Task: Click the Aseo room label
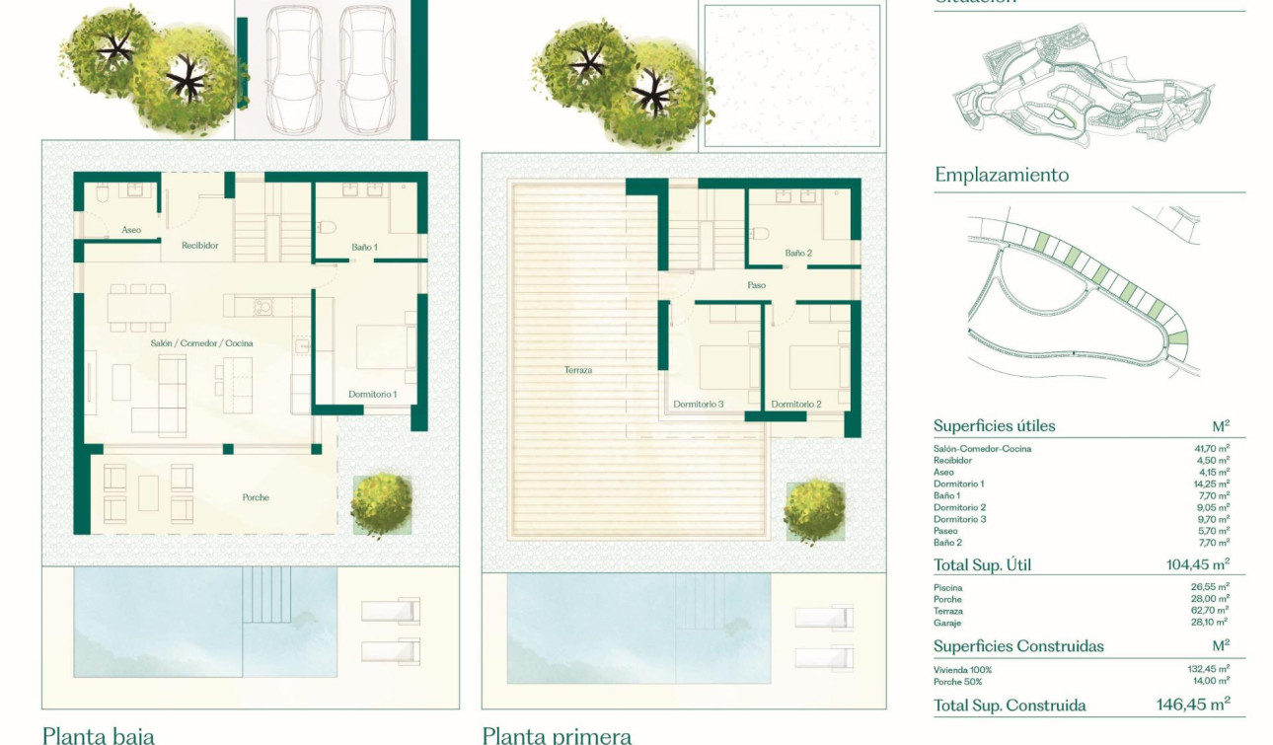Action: click(131, 230)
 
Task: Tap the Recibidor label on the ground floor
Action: click(199, 245)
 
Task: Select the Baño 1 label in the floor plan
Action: click(364, 246)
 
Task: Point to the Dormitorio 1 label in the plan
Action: click(372, 394)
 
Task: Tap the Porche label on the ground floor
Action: click(256, 497)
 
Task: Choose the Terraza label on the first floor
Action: click(578, 370)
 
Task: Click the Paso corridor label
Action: click(756, 285)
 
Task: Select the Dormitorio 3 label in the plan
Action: click(699, 404)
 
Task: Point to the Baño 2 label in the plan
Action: click(797, 254)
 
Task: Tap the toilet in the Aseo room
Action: click(104, 196)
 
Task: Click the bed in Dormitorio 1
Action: click(382, 346)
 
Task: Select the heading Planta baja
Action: click(98, 734)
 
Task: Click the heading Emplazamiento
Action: click(1002, 175)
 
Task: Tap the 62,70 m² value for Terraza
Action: click(1209, 611)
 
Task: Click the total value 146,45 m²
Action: click(1193, 705)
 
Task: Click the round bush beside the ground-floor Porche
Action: click(381, 503)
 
